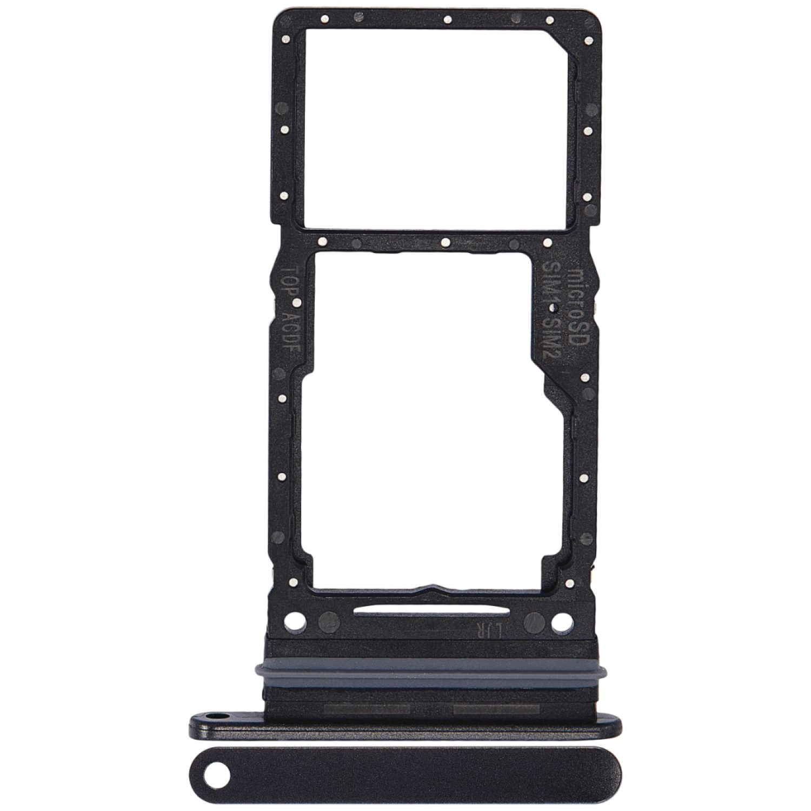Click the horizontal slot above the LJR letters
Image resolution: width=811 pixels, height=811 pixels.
pos(431,612)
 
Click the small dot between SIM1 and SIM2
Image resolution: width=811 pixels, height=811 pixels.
pos(553,309)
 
